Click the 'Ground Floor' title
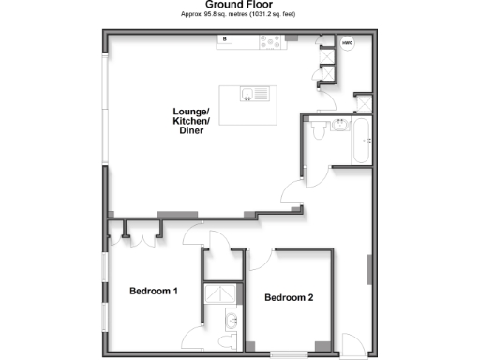coord(239,5)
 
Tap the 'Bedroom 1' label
coord(153,291)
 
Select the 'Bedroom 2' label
coord(289,298)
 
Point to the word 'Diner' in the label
coord(191,130)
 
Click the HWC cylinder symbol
coord(347,43)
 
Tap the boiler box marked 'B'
coord(225,39)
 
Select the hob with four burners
coord(272,40)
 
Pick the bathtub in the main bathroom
coord(361,141)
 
